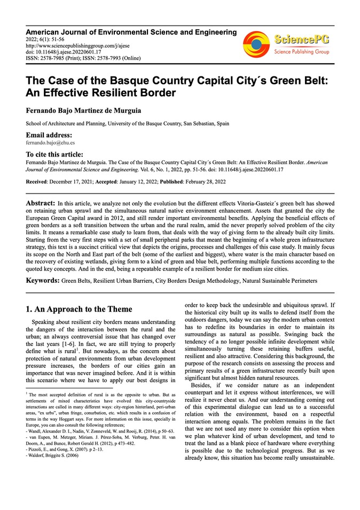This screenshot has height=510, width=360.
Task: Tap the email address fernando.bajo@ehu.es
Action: point(50,143)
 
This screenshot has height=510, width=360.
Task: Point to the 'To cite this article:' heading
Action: point(56,153)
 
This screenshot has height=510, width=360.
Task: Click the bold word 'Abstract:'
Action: point(40,204)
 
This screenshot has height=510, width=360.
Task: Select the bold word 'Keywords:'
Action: point(43,280)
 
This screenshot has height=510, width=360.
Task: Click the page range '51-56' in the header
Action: point(55,40)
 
